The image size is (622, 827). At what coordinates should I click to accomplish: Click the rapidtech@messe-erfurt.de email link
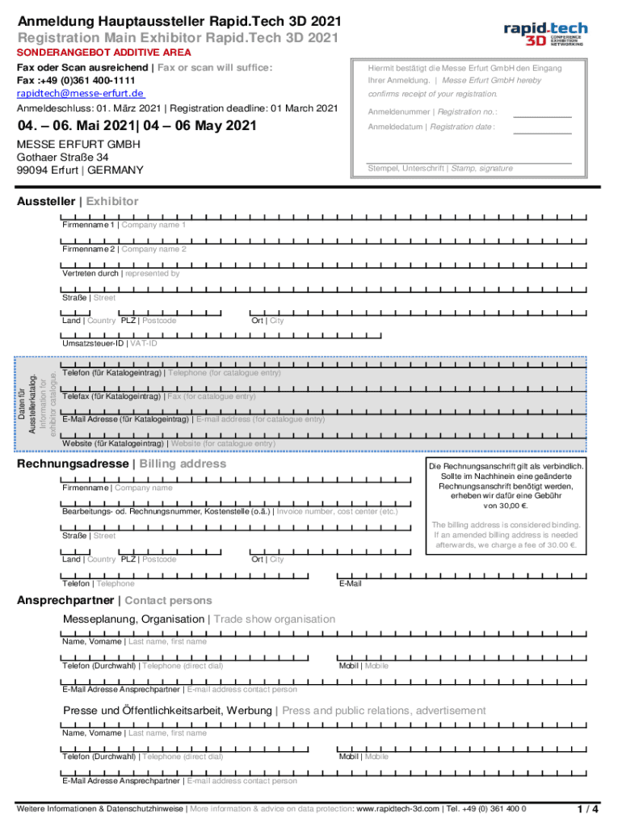(80, 94)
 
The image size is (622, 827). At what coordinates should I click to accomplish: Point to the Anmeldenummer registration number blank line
(542, 112)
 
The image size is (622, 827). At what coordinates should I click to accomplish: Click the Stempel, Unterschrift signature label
(440, 169)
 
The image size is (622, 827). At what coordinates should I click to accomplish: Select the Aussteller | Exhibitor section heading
(78, 201)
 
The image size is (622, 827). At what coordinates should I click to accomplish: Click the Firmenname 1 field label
(124, 225)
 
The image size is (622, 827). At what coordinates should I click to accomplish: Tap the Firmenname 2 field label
(124, 249)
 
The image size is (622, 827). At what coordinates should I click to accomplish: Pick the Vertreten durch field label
(121, 273)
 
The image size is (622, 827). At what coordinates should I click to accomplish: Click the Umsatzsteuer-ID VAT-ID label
(110, 343)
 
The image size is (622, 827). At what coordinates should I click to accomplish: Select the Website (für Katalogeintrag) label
(169, 443)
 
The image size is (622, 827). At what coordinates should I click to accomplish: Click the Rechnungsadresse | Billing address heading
(122, 464)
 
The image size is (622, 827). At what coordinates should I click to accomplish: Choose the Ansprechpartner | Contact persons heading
(115, 601)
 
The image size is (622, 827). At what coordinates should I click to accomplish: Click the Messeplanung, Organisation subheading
(199, 619)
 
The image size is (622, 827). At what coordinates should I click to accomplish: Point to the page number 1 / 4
(588, 808)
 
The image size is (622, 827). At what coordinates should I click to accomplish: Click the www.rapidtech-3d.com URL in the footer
(397, 808)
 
